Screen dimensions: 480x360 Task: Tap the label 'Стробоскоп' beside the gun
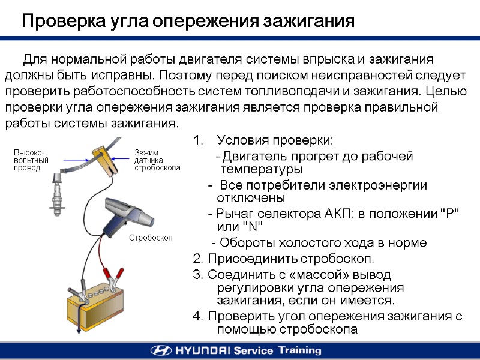[x=151, y=238]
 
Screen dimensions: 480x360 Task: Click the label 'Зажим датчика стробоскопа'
[x=157, y=160]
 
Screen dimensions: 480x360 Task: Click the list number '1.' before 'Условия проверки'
[x=199, y=141]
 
